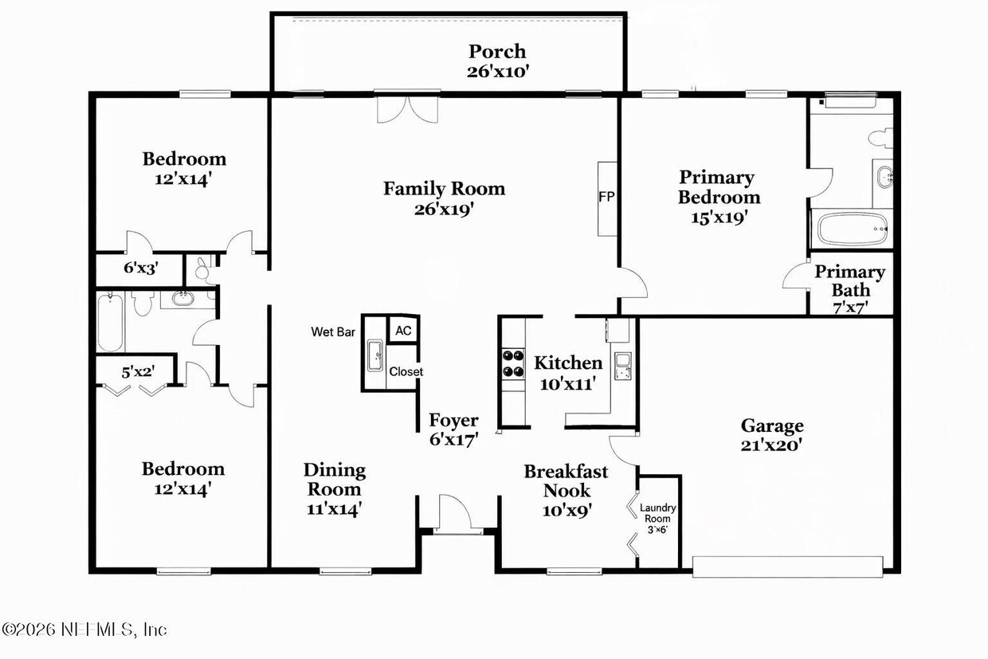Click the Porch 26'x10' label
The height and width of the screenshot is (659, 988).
pos(497,61)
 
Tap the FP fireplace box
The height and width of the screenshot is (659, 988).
pos(607,198)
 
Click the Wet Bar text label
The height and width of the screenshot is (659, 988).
pos(333,331)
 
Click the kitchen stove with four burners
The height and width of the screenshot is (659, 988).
pos(512,363)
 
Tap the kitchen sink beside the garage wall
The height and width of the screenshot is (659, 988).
pos(621,364)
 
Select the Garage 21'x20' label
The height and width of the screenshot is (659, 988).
pos(771,435)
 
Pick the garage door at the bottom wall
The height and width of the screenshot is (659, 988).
pos(787,567)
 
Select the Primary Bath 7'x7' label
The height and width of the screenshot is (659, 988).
pos(849,288)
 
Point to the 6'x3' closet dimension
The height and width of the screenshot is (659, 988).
pos(141,269)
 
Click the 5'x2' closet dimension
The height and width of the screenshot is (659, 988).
pos(136,371)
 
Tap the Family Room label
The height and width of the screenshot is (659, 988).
pos(444,198)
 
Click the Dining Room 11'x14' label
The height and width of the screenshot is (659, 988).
pos(335,488)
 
